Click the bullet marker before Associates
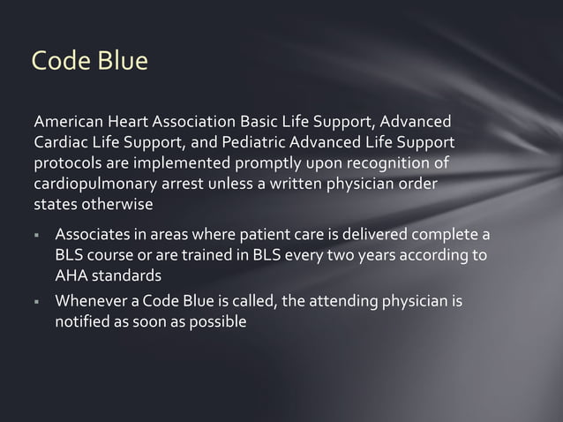pyautogui.click(x=39, y=237)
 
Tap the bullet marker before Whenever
pyautogui.click(x=39, y=305)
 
